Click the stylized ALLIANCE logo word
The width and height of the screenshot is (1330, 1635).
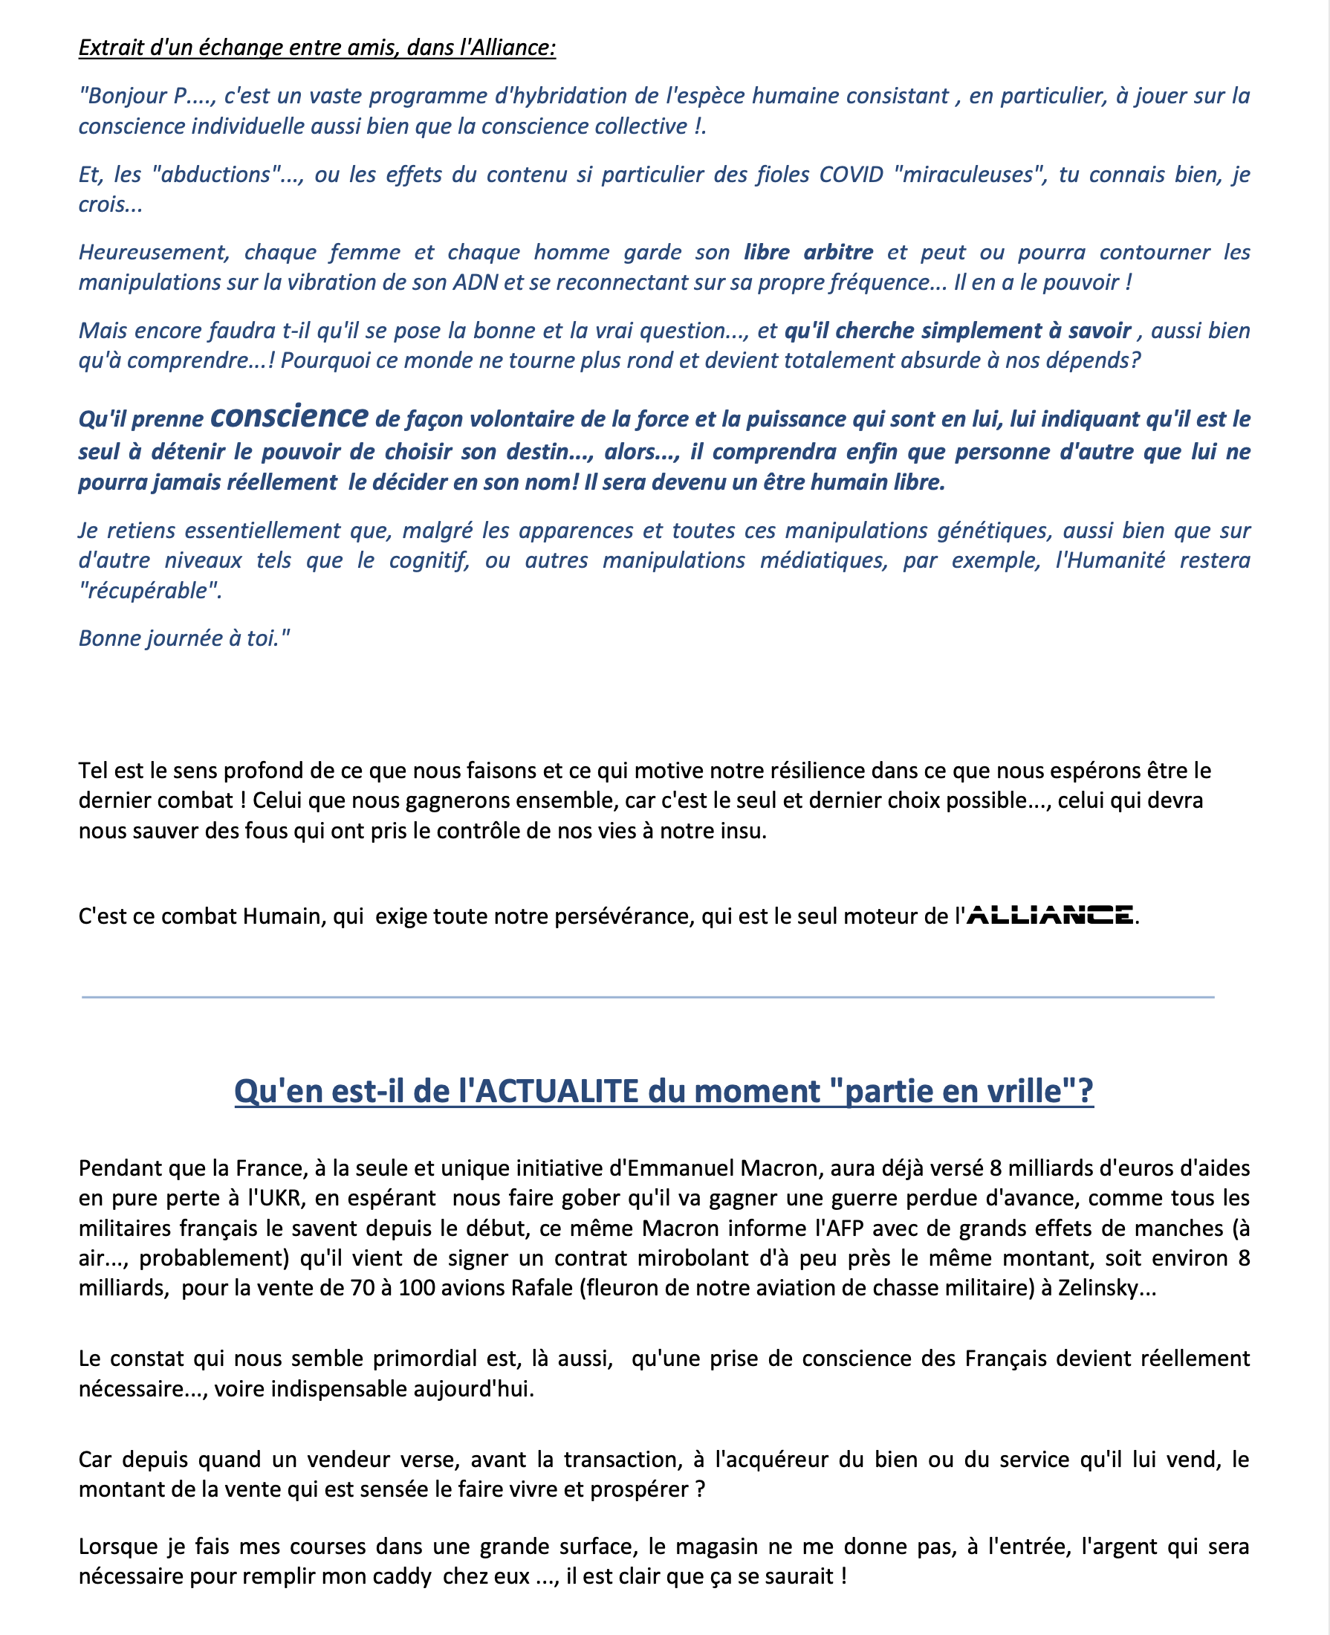click(x=1050, y=915)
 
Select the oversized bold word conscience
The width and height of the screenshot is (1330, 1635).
click(x=289, y=416)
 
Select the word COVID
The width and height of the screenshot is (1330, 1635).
click(x=851, y=175)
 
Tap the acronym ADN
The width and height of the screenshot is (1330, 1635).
click(x=475, y=282)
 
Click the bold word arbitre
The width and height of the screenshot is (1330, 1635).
click(x=838, y=252)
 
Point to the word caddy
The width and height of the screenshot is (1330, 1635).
click(x=403, y=1576)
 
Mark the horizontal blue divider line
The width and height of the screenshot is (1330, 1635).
click(x=647, y=997)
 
